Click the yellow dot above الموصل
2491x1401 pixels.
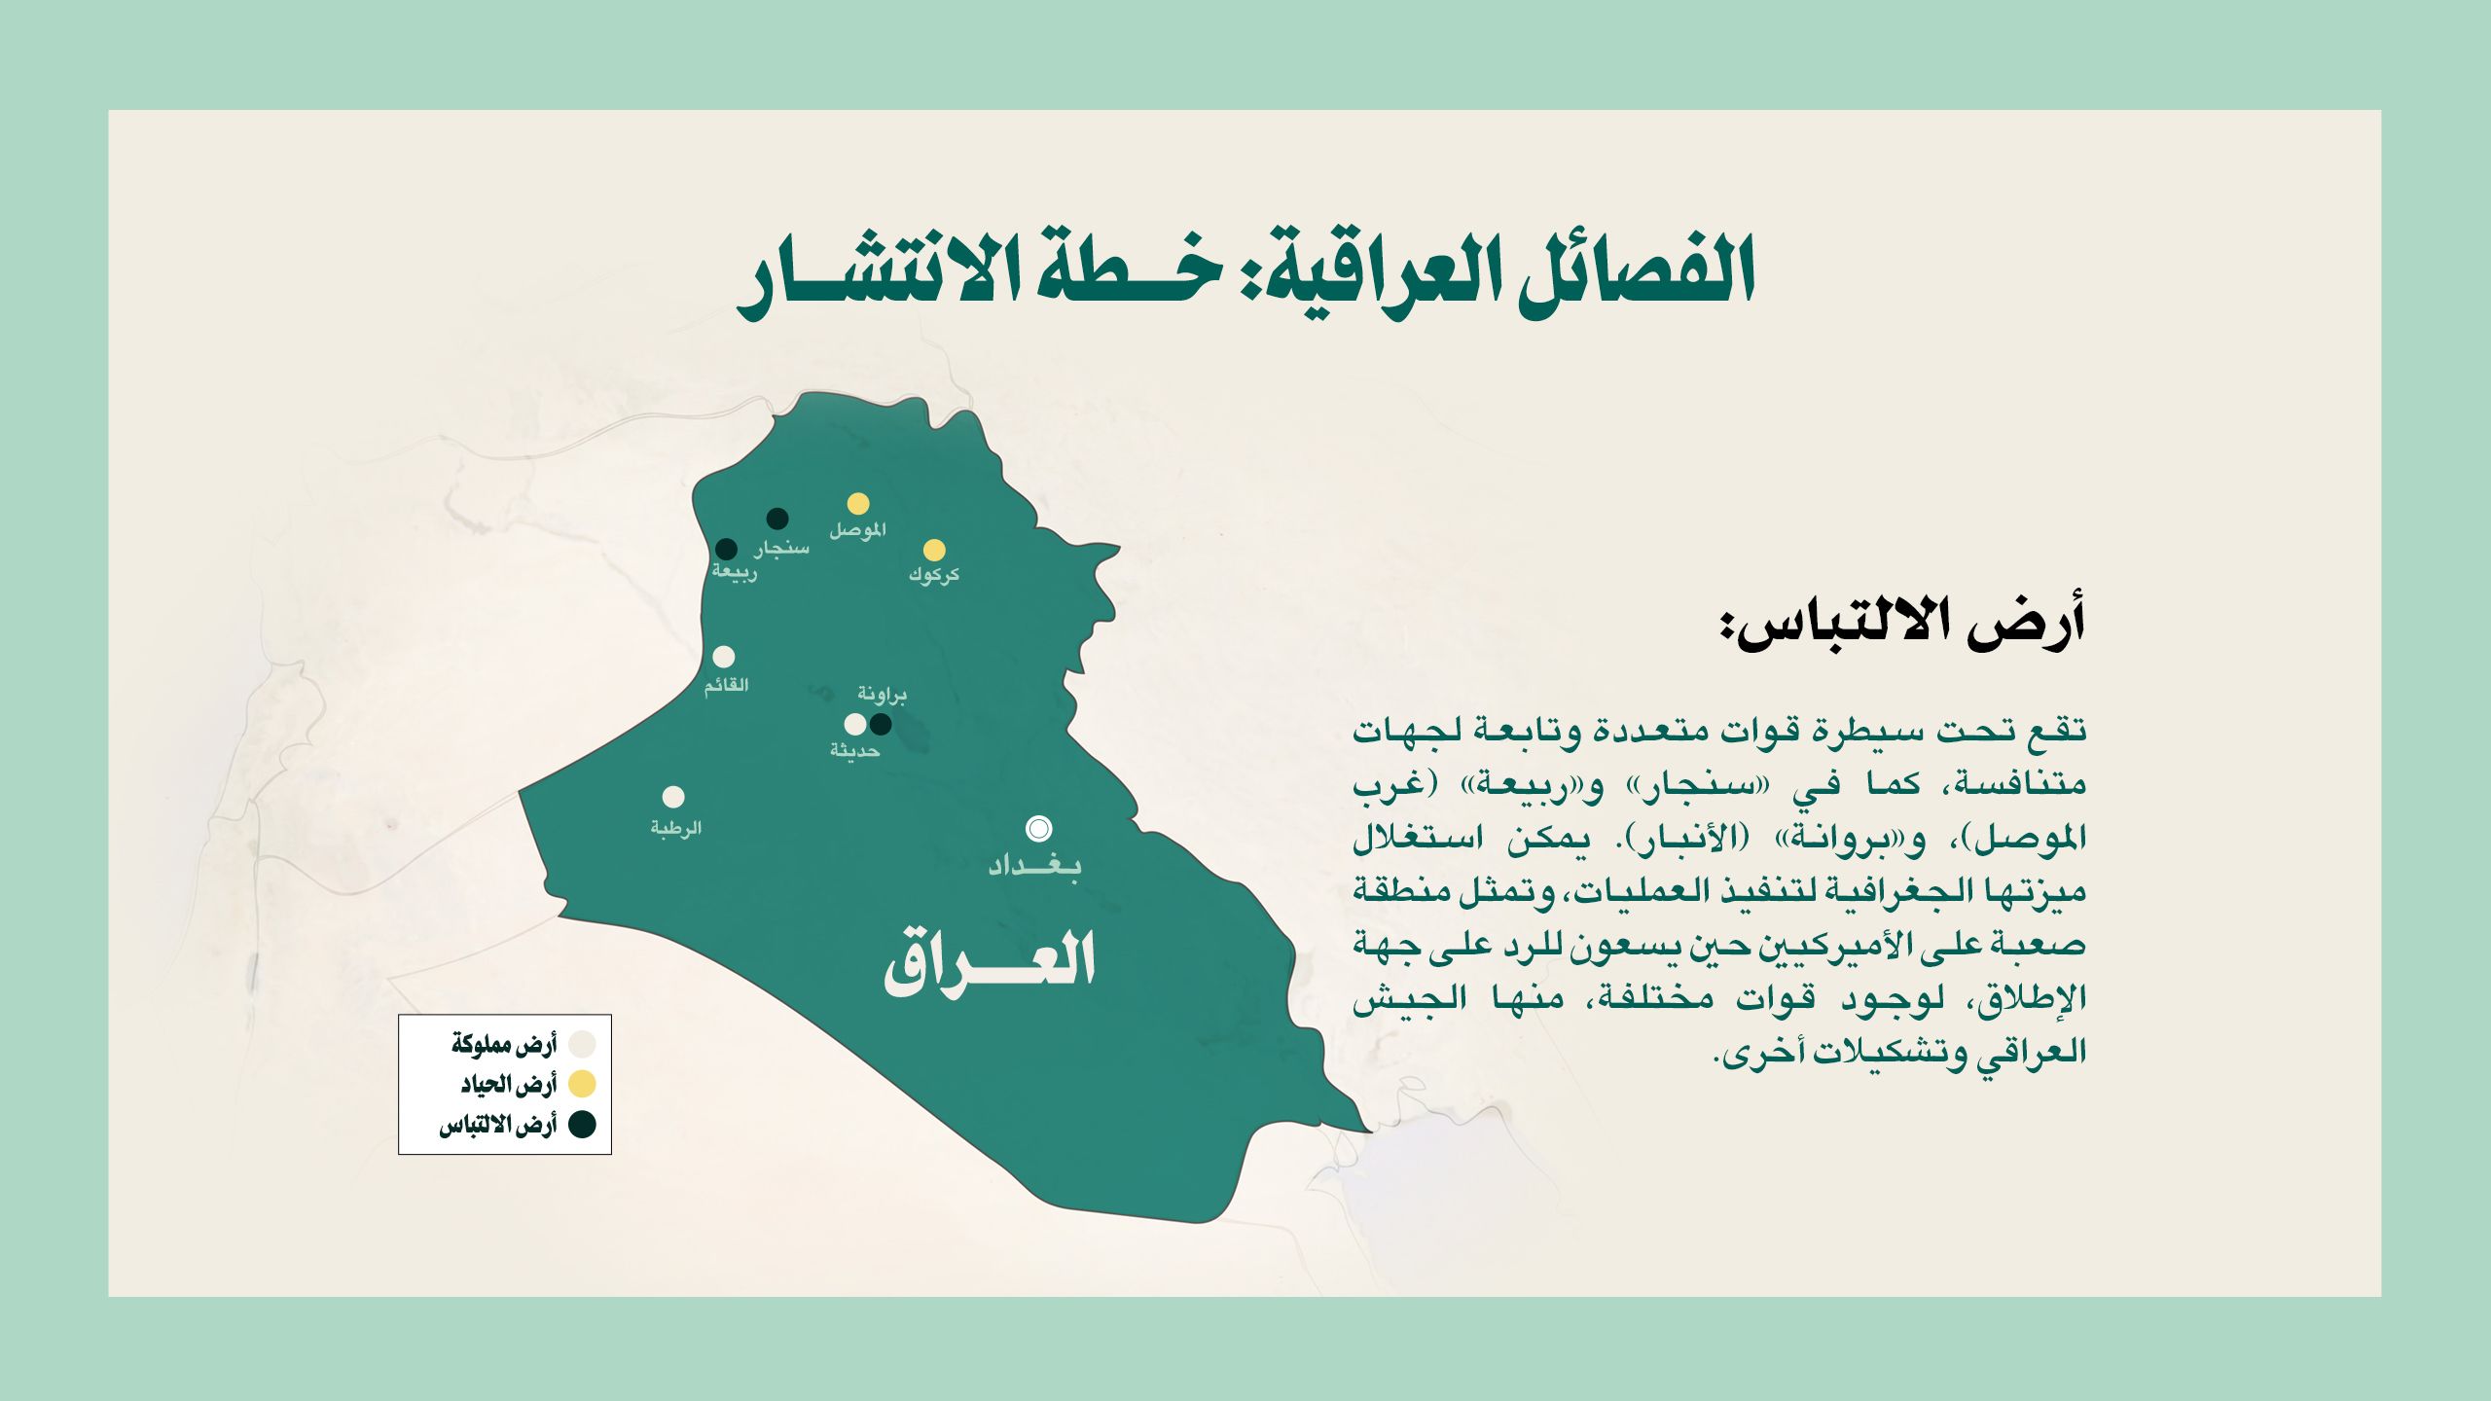point(857,503)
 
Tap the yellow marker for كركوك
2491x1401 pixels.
point(934,550)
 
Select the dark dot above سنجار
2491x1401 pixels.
point(777,519)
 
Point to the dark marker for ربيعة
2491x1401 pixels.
point(727,549)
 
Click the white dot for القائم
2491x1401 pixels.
point(724,657)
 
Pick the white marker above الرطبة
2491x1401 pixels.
point(673,797)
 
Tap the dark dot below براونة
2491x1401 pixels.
point(881,724)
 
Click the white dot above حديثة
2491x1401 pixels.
point(855,724)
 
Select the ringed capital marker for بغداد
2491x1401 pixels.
point(1039,829)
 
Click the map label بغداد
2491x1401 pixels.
point(1034,866)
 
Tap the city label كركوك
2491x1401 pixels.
point(934,575)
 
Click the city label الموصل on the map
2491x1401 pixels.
point(857,530)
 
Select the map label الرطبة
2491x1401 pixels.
point(676,828)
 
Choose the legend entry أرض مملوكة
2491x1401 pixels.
point(503,1045)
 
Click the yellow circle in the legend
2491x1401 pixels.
point(582,1084)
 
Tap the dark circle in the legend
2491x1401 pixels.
point(582,1125)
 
